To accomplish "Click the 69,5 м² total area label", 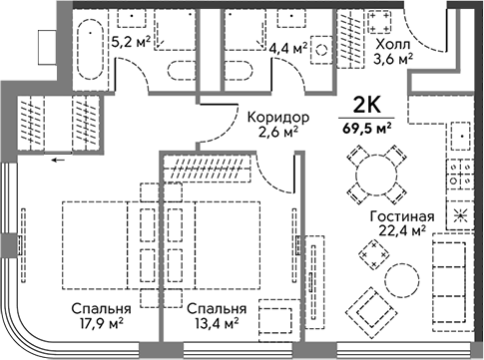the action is click(x=366, y=129).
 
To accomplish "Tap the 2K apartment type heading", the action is click(x=366, y=106).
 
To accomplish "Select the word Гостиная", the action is click(x=402, y=216).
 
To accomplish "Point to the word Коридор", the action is click(x=278, y=118).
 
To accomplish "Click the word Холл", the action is click(x=393, y=44).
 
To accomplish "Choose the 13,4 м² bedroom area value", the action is click(x=217, y=323).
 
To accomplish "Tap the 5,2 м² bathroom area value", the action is click(x=131, y=42).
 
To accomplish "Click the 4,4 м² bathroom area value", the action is click(x=288, y=49).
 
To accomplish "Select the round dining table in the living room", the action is click(x=376, y=175).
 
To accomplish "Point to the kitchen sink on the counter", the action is click(x=461, y=136).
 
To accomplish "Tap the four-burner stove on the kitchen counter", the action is click(x=460, y=176).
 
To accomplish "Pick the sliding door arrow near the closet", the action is click(x=58, y=161).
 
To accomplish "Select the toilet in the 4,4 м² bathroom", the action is click(x=238, y=71).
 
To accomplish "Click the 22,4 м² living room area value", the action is click(x=402, y=230).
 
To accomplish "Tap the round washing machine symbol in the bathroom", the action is click(x=321, y=50).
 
